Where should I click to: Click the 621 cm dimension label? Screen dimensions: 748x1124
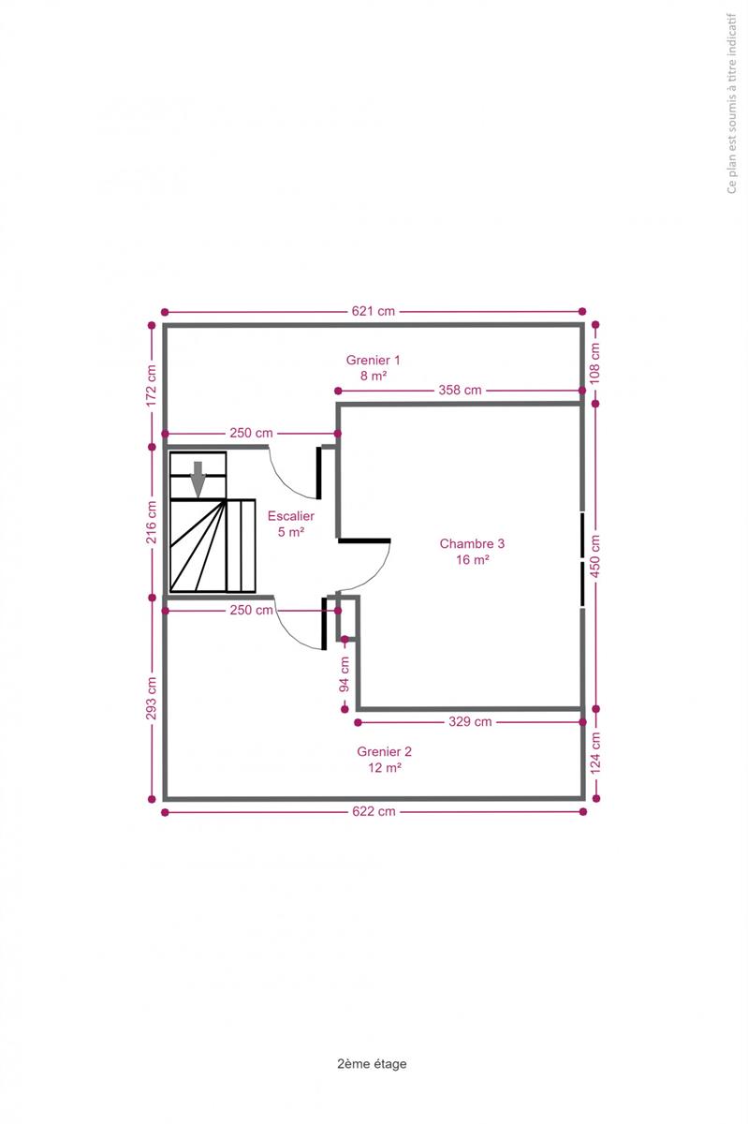point(373,311)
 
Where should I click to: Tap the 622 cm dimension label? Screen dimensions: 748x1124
point(374,811)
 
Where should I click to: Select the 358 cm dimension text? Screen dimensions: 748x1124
point(460,390)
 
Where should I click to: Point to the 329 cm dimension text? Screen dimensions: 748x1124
point(470,721)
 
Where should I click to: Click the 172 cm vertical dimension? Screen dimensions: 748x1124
point(151,385)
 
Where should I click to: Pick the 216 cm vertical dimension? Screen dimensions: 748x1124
point(151,522)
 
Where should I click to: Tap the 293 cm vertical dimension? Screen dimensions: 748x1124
point(151,698)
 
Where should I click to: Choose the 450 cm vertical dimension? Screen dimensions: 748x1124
point(595,556)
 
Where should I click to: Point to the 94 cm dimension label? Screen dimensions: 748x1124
point(345,673)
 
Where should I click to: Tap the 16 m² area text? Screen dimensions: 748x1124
point(473,559)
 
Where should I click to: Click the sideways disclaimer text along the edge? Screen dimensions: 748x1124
point(732,103)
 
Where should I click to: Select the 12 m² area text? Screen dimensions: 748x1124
point(385,767)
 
